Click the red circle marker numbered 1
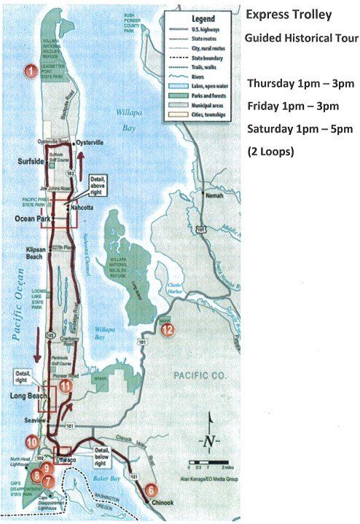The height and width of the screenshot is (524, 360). [31, 71]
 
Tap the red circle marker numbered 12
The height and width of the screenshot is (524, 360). [168, 329]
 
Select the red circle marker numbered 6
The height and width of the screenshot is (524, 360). [151, 490]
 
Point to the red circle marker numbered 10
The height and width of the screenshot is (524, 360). [31, 441]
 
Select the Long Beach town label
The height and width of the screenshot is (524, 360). [26, 396]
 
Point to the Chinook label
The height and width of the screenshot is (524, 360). [160, 502]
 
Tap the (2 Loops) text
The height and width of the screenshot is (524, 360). [270, 152]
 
